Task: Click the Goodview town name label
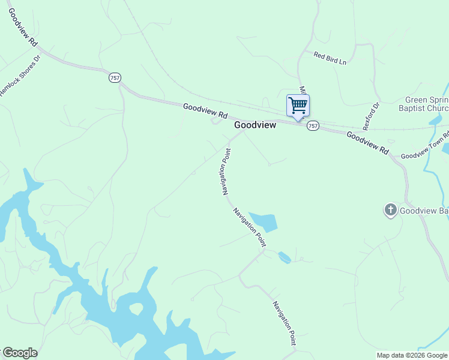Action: (255, 125)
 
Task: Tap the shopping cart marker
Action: (298, 106)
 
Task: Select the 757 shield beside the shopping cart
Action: (313, 126)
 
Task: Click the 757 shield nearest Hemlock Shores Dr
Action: (115, 77)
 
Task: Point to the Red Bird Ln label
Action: (330, 58)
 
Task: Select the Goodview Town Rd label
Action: (424, 146)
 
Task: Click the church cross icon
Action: (391, 210)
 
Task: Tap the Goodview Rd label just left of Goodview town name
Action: (206, 110)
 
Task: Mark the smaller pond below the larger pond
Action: (285, 257)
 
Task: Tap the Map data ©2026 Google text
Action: (412, 355)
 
